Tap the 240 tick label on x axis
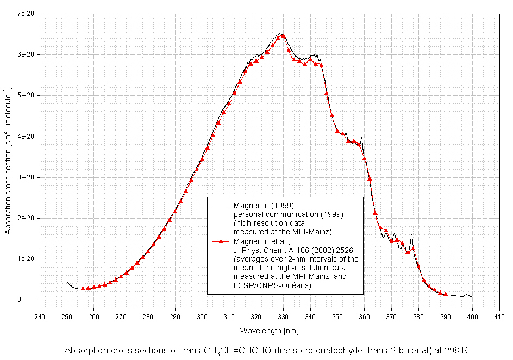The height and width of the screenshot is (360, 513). (x=40, y=316)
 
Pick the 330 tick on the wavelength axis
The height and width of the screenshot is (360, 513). (x=283, y=316)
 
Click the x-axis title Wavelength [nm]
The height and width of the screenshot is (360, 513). (x=269, y=330)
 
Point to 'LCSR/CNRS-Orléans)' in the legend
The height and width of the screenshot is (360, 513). (x=272, y=285)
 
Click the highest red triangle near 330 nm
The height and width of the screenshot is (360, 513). (x=283, y=36)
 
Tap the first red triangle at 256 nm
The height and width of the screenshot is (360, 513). (x=83, y=289)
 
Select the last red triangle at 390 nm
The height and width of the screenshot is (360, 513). (x=445, y=294)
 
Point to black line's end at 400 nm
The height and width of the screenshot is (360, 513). (x=472, y=297)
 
